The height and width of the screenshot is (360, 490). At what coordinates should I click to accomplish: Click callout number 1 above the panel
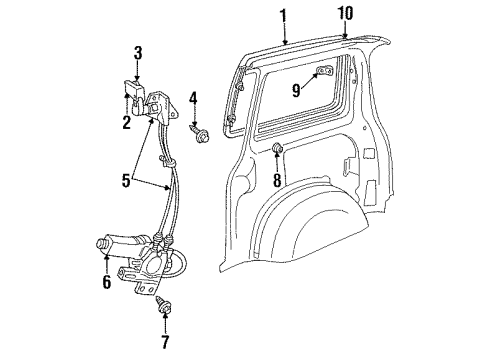click(283, 16)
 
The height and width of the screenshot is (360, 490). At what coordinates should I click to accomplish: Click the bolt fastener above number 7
click(163, 306)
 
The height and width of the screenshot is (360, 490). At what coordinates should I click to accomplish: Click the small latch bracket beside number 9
click(324, 72)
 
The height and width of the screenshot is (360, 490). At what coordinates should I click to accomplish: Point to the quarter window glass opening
click(300, 100)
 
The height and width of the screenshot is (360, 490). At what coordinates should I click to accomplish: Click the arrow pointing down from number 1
click(284, 36)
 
